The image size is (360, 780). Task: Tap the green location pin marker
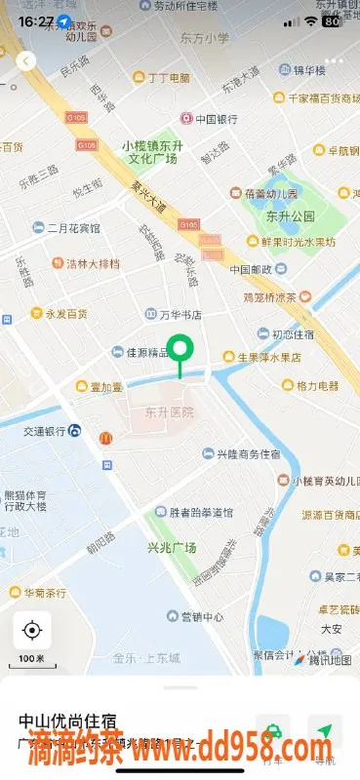180,350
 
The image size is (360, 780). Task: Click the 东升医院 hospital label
169,411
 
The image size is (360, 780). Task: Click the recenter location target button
31,630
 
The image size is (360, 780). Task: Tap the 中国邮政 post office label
254,269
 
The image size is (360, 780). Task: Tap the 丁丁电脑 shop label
162,77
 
